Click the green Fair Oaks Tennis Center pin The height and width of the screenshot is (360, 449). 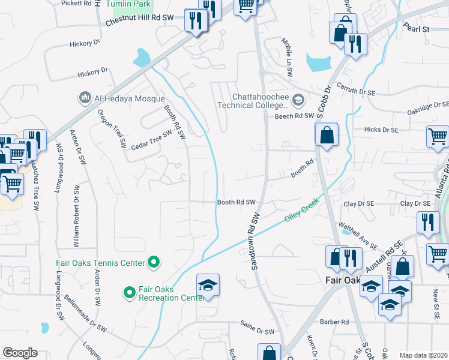(x=154, y=262)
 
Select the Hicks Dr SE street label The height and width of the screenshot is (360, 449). (x=381, y=130)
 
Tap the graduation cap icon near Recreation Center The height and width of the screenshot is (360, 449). (x=208, y=284)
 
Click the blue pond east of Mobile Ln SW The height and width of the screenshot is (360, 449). (x=318, y=61)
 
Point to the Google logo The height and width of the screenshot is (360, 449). (x=20, y=353)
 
